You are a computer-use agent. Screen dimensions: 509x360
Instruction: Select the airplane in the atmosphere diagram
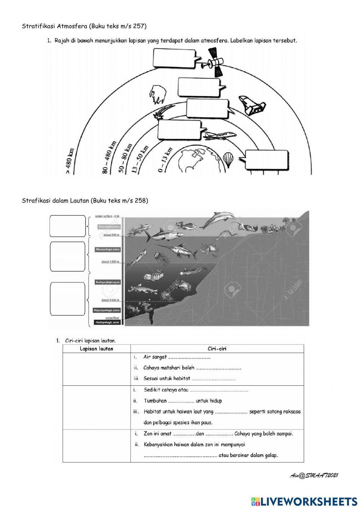[x=219, y=136]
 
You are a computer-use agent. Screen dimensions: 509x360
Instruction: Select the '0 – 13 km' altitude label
[x=165, y=160]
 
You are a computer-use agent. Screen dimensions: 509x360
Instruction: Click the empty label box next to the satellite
[x=174, y=58]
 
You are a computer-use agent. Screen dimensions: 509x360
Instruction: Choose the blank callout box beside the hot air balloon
[x=267, y=160]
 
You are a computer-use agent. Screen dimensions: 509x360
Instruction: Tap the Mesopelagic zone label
[x=108, y=249]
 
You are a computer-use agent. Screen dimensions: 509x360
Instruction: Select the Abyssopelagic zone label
[x=107, y=310]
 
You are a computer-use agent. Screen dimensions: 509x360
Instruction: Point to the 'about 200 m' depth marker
[x=111, y=235]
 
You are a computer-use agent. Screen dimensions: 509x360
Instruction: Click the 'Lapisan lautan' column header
[x=96, y=349]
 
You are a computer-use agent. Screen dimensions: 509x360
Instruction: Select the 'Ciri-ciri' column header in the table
[x=217, y=349]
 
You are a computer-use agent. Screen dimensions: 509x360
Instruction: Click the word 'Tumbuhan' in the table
[x=155, y=401]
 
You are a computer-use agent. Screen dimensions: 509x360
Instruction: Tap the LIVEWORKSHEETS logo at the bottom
[x=304, y=501]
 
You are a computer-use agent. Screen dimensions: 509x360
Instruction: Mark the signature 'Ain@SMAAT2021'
[x=314, y=475]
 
